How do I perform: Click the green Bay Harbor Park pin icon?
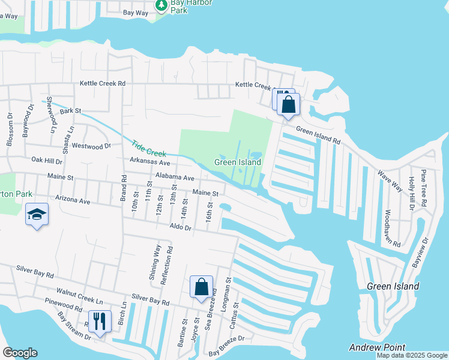pos(161,5)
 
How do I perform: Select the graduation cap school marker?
pos(37,215)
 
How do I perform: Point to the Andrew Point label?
pos(377,347)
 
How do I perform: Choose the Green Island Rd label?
pos(319,137)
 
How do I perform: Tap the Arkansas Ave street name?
pos(150,163)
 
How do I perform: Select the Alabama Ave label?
pos(175,178)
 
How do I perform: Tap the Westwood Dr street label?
pos(91,146)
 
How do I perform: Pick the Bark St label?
pos(70,110)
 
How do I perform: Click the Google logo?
pos(20,353)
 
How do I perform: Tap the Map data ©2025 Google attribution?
pos(411,355)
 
